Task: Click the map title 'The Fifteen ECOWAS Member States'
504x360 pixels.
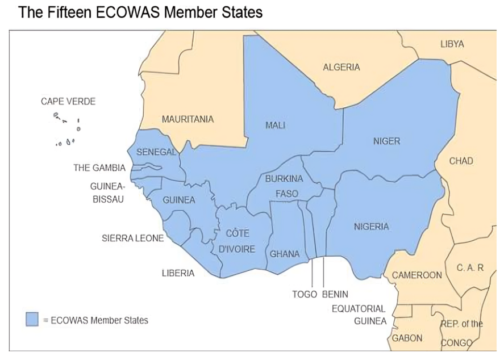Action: [x=140, y=12]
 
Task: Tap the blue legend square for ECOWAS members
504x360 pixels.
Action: [x=32, y=319]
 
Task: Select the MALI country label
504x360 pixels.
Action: [x=275, y=125]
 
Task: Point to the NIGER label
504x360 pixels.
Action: [x=386, y=141]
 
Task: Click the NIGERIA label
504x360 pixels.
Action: [x=372, y=227]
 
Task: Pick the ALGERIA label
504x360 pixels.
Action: [x=341, y=67]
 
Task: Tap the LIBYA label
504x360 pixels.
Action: [x=452, y=44]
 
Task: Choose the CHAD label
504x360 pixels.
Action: [x=461, y=161]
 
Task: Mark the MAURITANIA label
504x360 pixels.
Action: [x=188, y=119]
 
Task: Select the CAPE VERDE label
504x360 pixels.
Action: [x=68, y=102]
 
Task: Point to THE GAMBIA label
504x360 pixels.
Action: [x=99, y=168]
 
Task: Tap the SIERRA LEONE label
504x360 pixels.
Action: [x=132, y=238]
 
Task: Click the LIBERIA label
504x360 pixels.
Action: [x=178, y=273]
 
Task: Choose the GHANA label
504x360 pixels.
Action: [x=284, y=254]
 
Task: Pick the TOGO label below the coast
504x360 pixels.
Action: [x=305, y=294]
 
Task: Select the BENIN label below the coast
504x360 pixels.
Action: [x=335, y=294]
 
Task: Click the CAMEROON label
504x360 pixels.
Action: [x=416, y=275]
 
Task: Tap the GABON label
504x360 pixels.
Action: [x=407, y=338]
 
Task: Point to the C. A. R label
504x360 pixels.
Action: [x=470, y=267]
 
